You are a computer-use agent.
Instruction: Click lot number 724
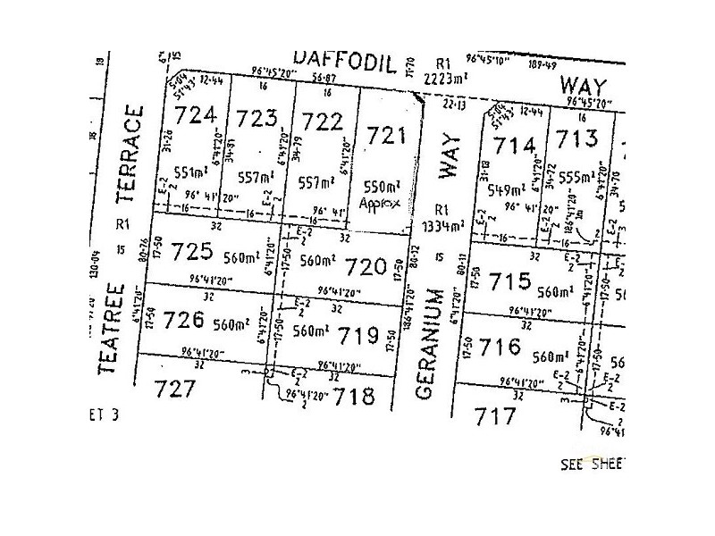point(197,115)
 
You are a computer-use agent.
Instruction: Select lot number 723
point(255,120)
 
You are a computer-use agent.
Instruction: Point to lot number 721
point(387,137)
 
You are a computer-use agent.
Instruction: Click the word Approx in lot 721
point(381,203)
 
